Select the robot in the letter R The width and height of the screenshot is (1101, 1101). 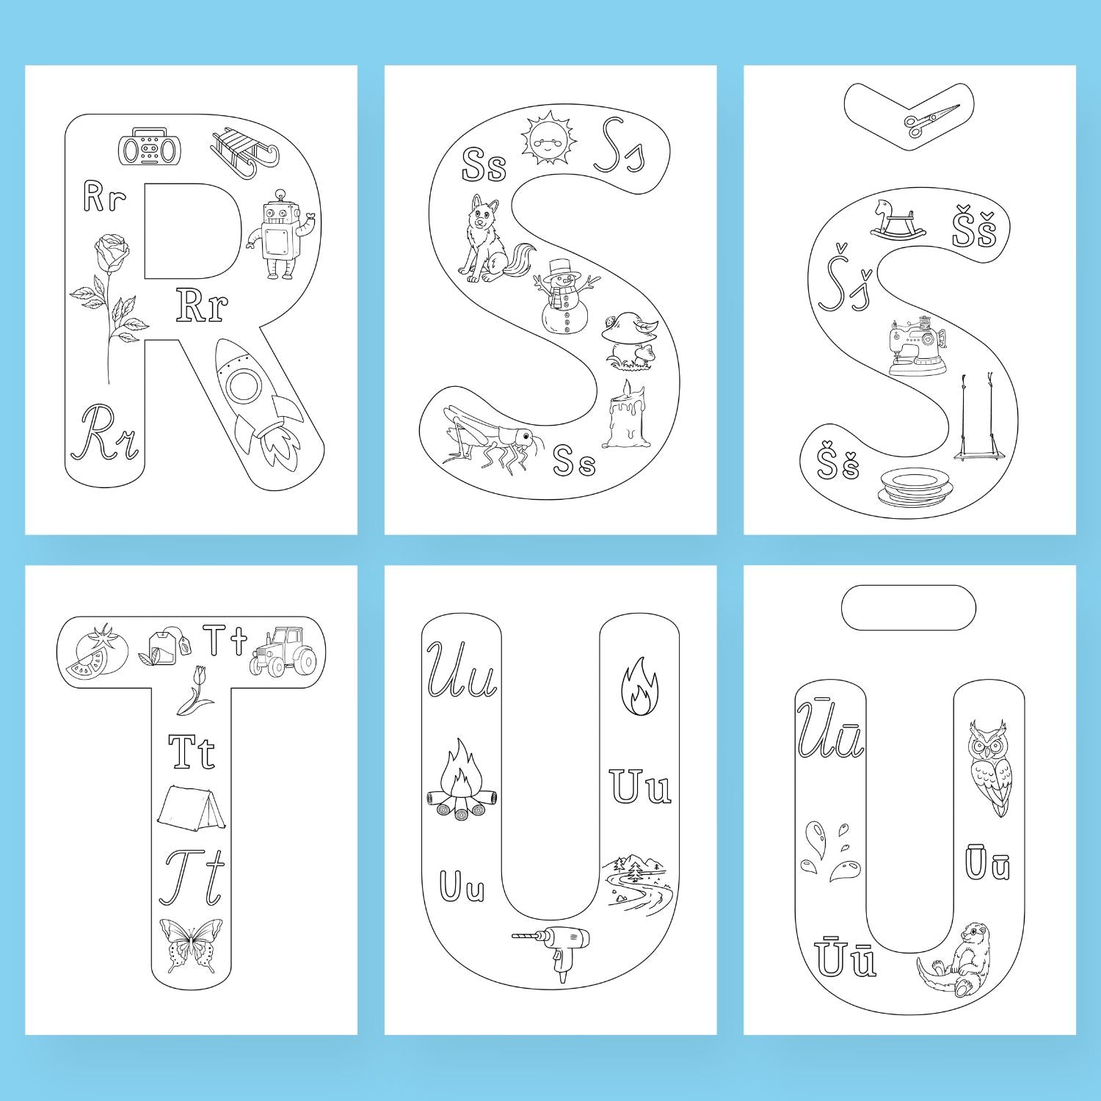[x=280, y=234]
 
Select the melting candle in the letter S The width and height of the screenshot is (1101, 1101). [x=626, y=414]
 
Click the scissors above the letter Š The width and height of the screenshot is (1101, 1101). [x=932, y=120]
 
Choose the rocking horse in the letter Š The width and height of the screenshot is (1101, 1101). [x=898, y=219]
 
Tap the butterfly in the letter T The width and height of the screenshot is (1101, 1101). [x=191, y=945]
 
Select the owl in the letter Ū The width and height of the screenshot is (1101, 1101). [x=991, y=767]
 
